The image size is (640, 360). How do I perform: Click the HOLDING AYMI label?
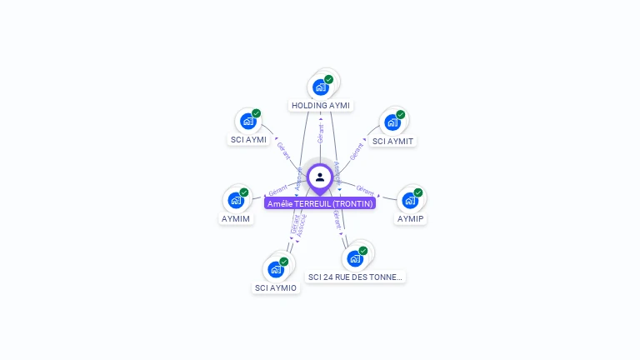(321, 106)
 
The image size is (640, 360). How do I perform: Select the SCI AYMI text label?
(248, 140)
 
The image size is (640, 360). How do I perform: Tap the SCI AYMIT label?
(392, 141)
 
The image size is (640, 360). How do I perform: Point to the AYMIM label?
(236, 218)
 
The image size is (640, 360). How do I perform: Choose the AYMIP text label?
(410, 218)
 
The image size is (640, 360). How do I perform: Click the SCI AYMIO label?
(276, 287)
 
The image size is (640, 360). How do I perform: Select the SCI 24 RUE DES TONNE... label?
(355, 277)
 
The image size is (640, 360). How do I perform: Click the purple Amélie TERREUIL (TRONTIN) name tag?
(320, 203)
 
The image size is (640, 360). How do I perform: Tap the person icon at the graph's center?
(320, 177)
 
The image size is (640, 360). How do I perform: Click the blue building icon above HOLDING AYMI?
(320, 87)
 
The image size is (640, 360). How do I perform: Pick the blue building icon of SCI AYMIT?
(392, 122)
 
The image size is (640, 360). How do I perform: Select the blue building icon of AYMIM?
(236, 200)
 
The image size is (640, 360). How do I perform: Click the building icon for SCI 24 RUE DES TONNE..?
(355, 257)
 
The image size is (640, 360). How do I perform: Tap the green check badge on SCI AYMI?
(256, 113)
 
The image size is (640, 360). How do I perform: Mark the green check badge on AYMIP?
(418, 192)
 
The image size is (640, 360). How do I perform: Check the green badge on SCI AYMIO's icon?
(283, 262)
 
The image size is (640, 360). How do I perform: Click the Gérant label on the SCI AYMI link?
(283, 151)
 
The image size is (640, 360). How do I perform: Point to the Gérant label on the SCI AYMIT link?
(357, 151)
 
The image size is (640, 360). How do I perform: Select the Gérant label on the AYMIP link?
(365, 190)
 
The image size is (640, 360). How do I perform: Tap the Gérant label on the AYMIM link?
(277, 191)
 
